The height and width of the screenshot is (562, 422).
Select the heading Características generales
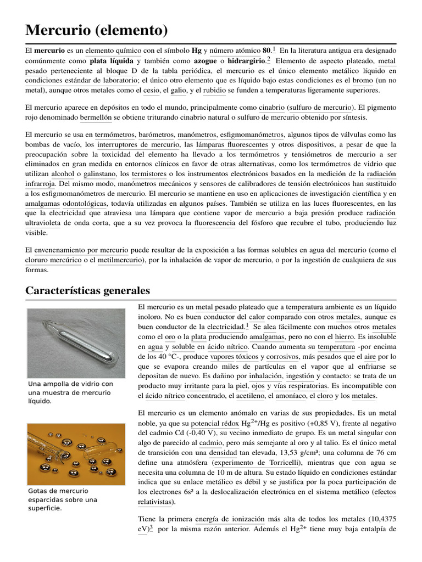87,290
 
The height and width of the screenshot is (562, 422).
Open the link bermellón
96,117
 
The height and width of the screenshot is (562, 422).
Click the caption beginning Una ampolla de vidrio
70,392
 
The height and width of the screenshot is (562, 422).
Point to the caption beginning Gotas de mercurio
62,499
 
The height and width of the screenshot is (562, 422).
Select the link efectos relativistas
385,497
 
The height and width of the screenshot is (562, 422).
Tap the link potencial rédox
218,424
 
